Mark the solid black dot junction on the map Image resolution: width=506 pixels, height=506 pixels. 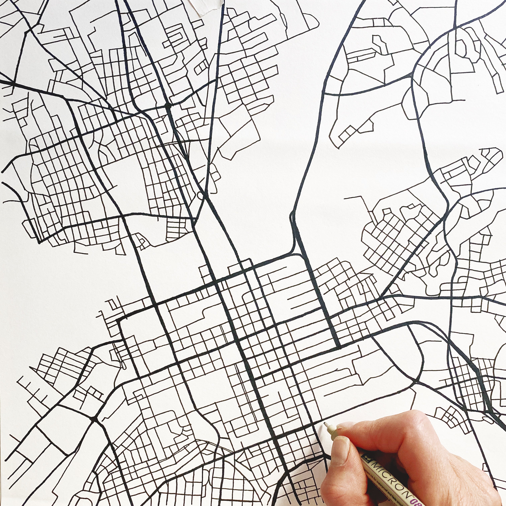point(168,106)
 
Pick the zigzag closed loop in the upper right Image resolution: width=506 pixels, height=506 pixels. point(377,43)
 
